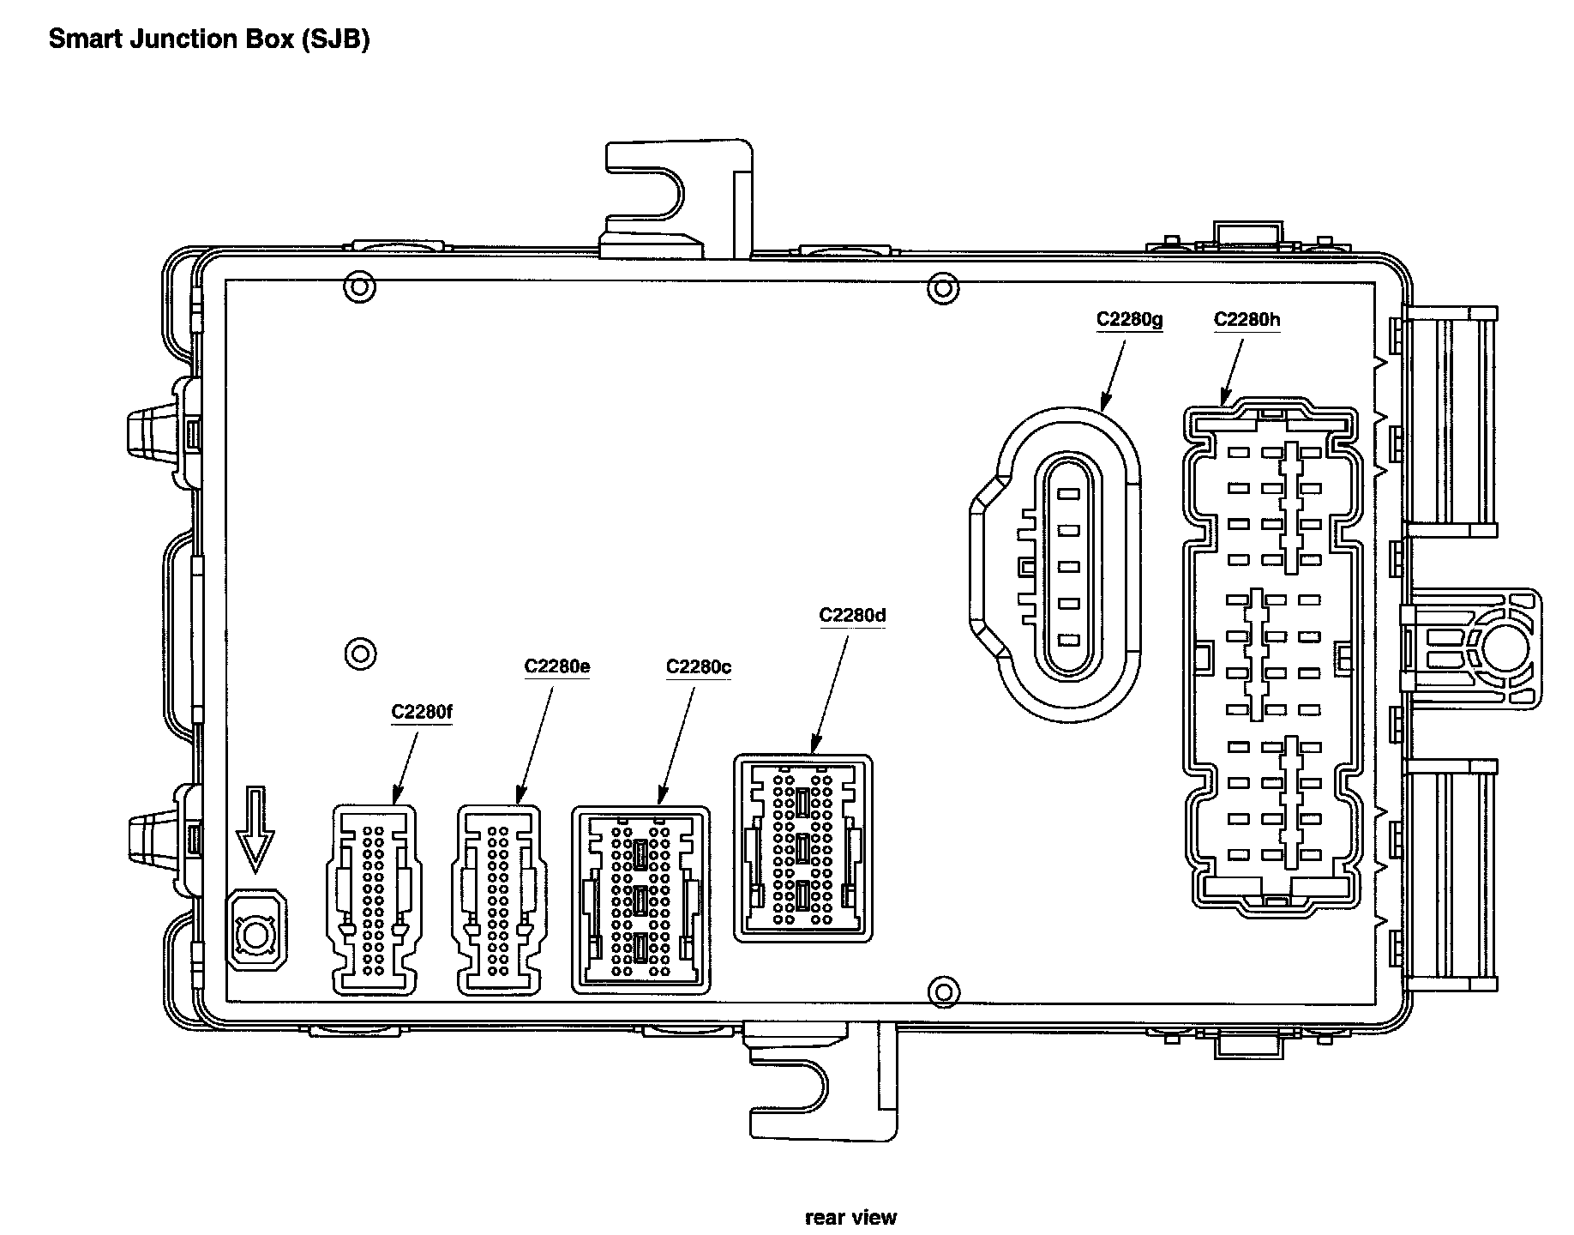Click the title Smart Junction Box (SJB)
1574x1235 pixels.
tap(208, 39)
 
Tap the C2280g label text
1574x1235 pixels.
tap(1129, 320)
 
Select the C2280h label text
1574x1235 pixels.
tap(1247, 320)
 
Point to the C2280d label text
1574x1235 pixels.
tap(852, 615)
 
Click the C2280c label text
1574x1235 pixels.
tap(699, 666)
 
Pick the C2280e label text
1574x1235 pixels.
tap(556, 666)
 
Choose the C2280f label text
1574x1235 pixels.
tap(422, 711)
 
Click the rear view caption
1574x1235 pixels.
tap(850, 1216)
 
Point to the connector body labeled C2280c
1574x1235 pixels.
tap(640, 900)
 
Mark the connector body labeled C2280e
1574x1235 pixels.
tap(498, 900)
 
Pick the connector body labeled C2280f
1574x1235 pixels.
tap(372, 900)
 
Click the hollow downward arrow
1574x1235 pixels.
tap(255, 828)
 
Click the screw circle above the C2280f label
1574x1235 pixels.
tap(360, 654)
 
